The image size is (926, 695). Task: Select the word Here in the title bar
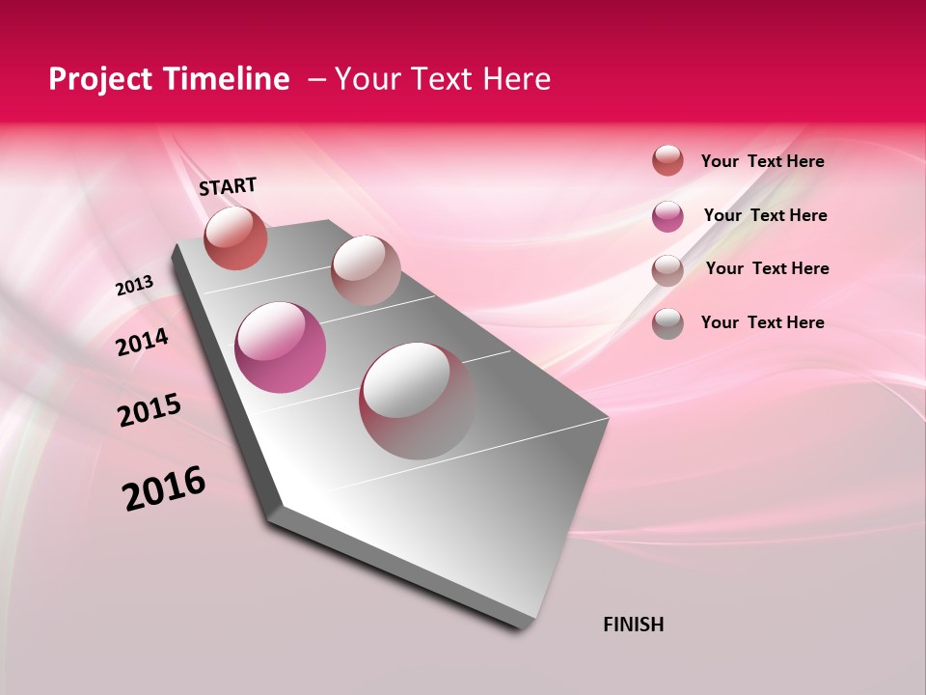click(517, 79)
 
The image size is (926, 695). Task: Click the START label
click(228, 186)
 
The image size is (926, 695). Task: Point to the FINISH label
click(633, 625)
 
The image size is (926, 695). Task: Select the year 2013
click(134, 287)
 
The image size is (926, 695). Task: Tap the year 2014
click(142, 343)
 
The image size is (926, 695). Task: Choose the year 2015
click(150, 411)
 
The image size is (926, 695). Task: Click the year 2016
click(164, 488)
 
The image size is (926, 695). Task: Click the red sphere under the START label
click(236, 237)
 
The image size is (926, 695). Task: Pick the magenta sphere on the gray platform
click(281, 347)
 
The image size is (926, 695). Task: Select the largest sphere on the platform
click(417, 401)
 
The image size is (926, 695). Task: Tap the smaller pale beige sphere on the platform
click(366, 269)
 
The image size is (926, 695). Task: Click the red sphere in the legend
click(667, 160)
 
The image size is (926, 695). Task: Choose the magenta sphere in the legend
click(667, 216)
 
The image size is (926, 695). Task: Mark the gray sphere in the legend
click(667, 323)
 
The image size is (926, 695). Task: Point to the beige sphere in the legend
click(667, 270)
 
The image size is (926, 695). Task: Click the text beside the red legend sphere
click(762, 161)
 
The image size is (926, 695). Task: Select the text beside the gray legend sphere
click(762, 322)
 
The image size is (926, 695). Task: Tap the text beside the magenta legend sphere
click(765, 215)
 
